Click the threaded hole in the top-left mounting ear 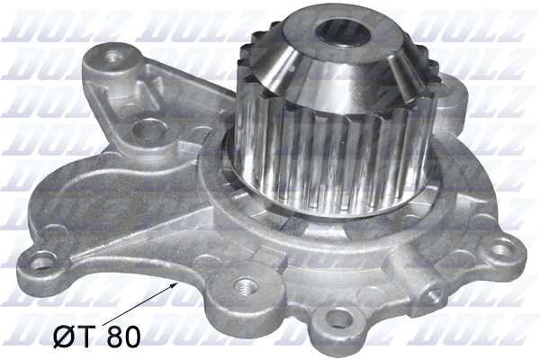[115, 56]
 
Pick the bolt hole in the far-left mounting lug [44, 260]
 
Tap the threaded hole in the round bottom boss [245, 285]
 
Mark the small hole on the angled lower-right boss [436, 294]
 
